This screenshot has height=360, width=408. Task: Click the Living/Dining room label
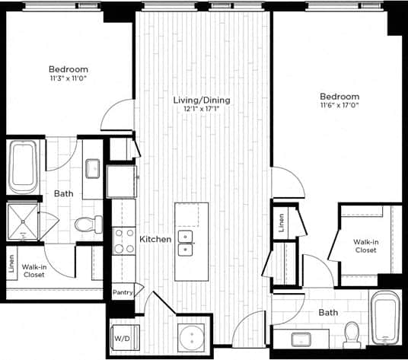click(x=202, y=100)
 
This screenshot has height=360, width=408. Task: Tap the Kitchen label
click(x=155, y=239)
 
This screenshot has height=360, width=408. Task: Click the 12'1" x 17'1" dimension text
click(x=202, y=110)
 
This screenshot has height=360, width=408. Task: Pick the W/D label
click(x=122, y=337)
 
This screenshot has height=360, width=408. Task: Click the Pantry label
click(x=123, y=292)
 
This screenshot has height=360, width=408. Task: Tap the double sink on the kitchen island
click(x=186, y=243)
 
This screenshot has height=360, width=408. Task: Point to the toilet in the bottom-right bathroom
click(x=352, y=333)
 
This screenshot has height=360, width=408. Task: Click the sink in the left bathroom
click(x=92, y=167)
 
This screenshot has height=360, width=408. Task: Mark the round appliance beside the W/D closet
click(x=191, y=336)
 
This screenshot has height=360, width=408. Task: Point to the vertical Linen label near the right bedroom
click(x=282, y=222)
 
